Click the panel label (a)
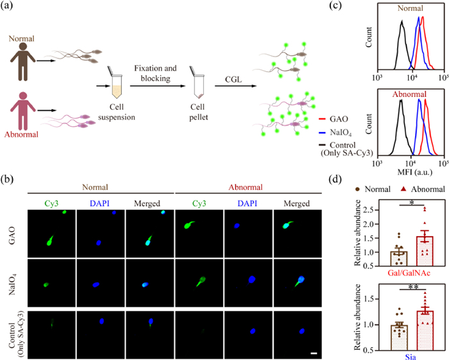pos(9,8)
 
